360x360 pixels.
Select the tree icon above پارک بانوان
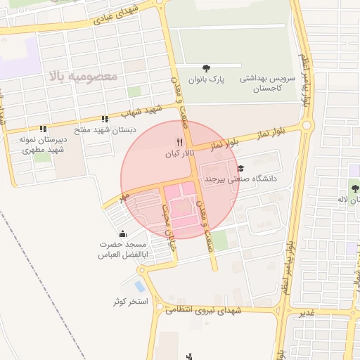(x=205, y=68)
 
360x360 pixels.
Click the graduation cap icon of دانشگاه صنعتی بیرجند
(x=241, y=168)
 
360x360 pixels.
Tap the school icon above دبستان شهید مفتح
(x=105, y=119)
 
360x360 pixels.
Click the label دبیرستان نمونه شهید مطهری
(x=43, y=144)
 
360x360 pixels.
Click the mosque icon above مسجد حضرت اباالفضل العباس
(x=124, y=234)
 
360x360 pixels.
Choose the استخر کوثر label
(x=131, y=302)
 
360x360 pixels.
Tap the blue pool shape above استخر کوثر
(x=139, y=287)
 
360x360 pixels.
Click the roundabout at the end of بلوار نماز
(x=307, y=126)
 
